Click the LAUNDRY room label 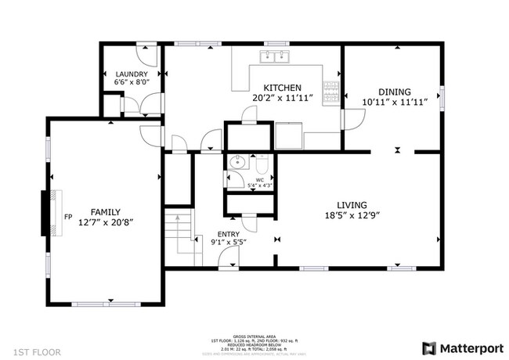[x=132, y=74]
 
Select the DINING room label [x=395, y=92]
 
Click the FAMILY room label [x=106, y=212]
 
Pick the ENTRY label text [x=228, y=233]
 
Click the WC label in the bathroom [x=259, y=179]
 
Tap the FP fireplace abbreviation [x=67, y=216]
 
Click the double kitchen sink [x=275, y=56]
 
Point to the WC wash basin [x=238, y=164]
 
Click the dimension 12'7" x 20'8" [x=106, y=222]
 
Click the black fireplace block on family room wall [x=45, y=214]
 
